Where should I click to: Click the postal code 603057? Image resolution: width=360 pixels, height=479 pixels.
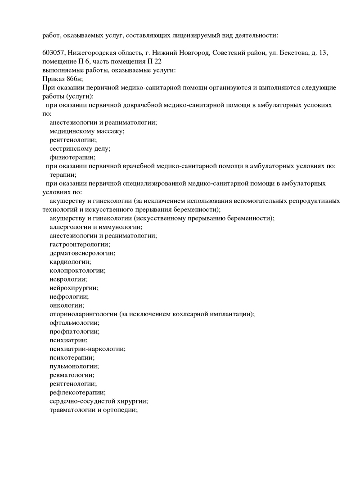[x=54, y=53]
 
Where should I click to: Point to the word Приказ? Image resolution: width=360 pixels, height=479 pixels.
[x=54, y=79]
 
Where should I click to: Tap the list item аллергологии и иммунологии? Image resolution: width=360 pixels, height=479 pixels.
[x=96, y=227]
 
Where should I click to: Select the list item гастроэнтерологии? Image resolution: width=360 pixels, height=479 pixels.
[x=80, y=244]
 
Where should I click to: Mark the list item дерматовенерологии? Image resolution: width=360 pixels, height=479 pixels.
[x=82, y=253]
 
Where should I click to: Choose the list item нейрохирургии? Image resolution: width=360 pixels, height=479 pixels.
[x=74, y=288]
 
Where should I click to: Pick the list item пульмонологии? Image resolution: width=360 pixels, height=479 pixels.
[x=74, y=366]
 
